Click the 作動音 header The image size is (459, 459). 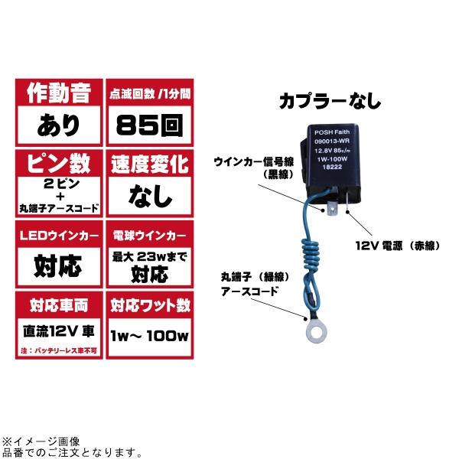(x=59, y=93)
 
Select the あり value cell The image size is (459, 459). (x=59, y=125)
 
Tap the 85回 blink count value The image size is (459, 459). (x=150, y=125)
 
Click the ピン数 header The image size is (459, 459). (x=59, y=164)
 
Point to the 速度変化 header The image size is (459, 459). (x=150, y=164)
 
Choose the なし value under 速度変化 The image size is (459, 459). (x=150, y=196)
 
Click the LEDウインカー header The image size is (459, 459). (x=59, y=236)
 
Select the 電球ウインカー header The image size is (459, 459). (x=150, y=236)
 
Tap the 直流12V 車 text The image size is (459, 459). (x=59, y=331)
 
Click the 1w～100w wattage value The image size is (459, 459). (x=150, y=336)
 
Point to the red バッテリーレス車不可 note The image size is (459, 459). (x=59, y=350)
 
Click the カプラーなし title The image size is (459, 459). (x=330, y=101)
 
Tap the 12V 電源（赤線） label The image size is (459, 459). (x=398, y=246)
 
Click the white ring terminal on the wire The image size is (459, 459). (x=317, y=334)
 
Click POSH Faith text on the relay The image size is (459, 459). (x=332, y=132)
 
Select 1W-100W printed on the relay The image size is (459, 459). (x=332, y=159)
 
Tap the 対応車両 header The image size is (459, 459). (x=59, y=305)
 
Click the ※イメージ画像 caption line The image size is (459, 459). (x=41, y=441)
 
